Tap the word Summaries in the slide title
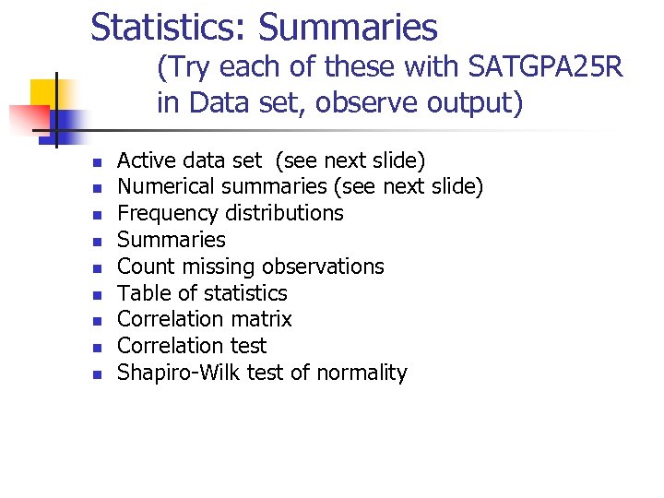tap(348, 28)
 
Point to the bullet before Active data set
tap(97, 162)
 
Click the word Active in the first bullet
tap(144, 160)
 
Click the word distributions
tap(282, 213)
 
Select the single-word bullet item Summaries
tap(172, 240)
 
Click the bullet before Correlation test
tap(97, 349)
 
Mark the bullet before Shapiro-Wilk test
tap(97, 375)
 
